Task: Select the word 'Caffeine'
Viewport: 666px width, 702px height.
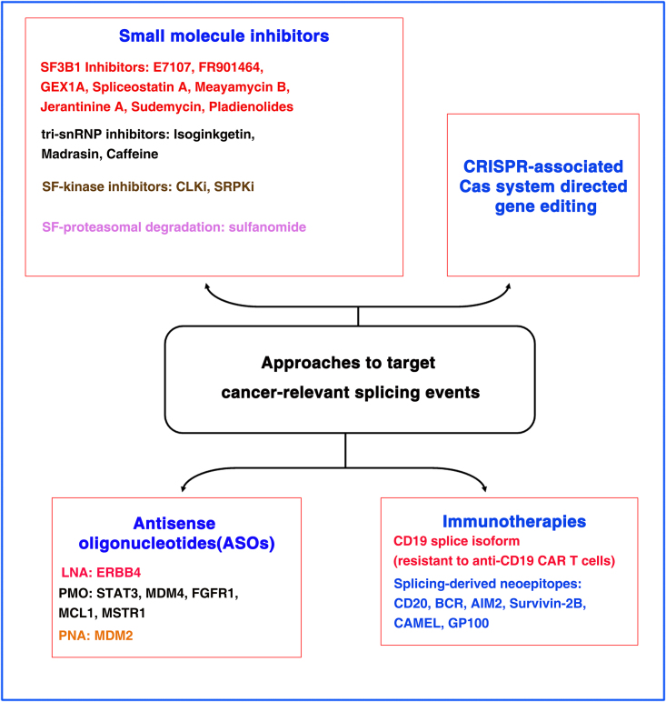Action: [132, 155]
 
